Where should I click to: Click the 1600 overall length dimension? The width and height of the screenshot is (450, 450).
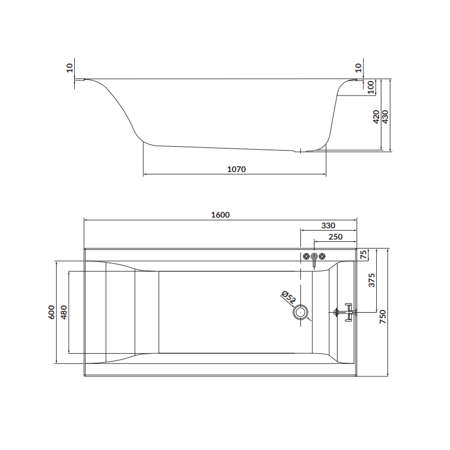click(x=220, y=214)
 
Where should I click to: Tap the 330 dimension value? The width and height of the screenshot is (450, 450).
click(x=328, y=225)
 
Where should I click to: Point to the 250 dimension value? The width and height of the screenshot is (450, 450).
click(x=335, y=237)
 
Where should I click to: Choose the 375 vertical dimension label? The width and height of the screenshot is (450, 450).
click(x=371, y=280)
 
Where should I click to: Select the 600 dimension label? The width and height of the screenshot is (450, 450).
click(x=51, y=312)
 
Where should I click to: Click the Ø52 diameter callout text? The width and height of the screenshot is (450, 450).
click(x=289, y=296)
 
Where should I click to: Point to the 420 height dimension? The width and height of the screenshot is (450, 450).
click(x=376, y=116)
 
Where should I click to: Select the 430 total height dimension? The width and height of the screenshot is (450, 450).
click(x=385, y=116)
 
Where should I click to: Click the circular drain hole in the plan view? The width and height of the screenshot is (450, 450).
click(x=303, y=312)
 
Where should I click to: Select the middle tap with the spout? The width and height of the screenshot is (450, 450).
click(x=314, y=259)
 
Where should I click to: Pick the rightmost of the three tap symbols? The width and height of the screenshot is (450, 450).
click(x=322, y=257)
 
